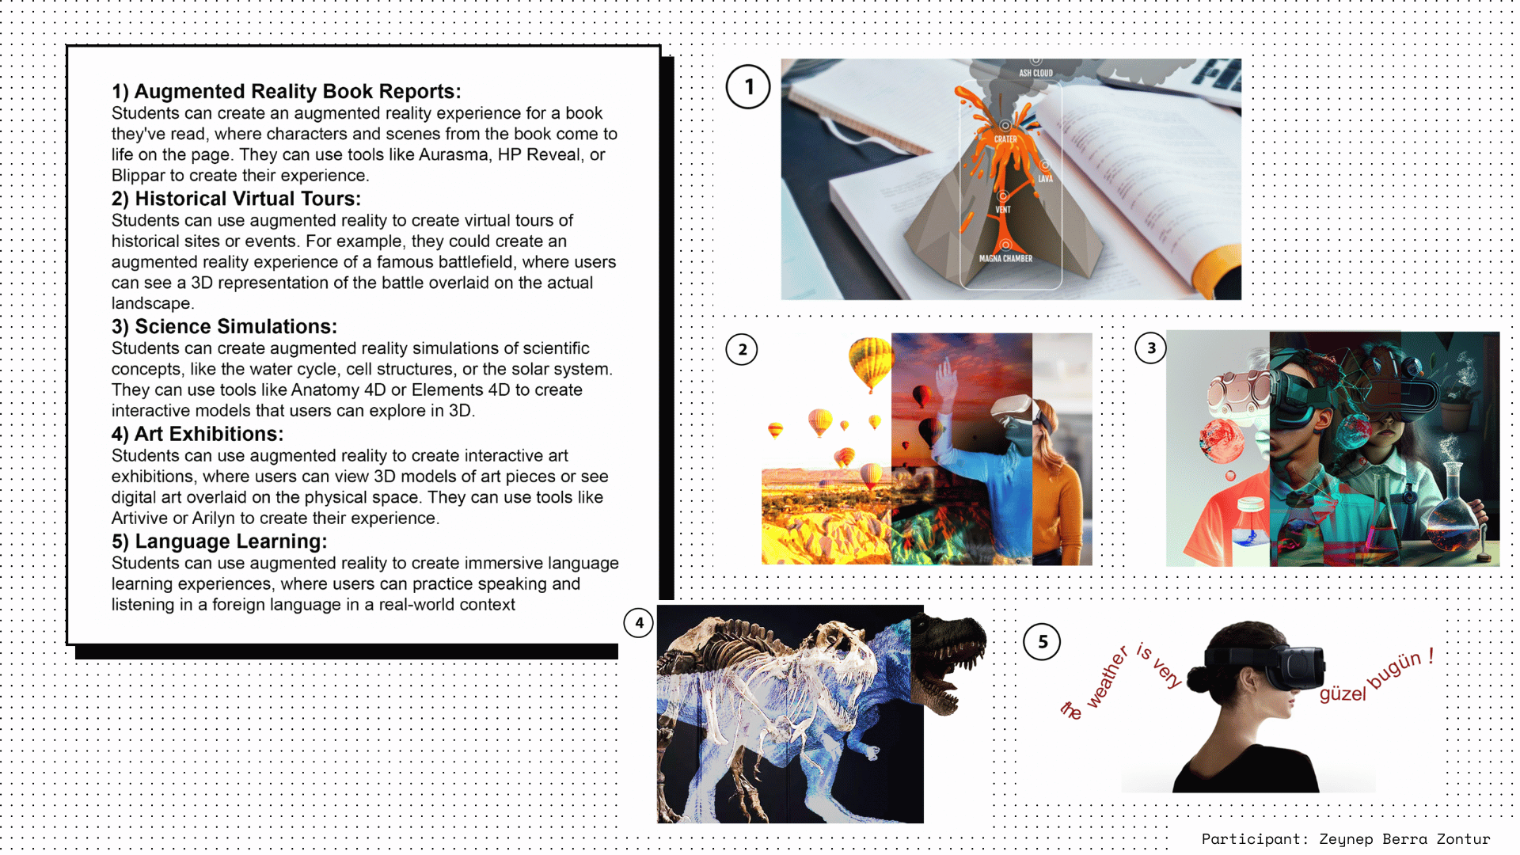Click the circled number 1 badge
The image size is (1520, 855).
(748, 86)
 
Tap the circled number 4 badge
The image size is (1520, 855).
(639, 622)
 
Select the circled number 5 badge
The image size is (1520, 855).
(1042, 641)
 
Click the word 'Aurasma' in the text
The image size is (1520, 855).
(454, 154)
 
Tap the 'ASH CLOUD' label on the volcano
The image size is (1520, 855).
(1035, 73)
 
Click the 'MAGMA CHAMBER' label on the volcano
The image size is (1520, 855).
(1005, 258)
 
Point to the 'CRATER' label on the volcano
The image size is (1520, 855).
(1005, 139)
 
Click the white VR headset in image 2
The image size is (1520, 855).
(1012, 409)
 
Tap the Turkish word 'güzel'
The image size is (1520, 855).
(1343, 694)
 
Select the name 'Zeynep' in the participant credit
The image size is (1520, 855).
(1347, 839)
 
